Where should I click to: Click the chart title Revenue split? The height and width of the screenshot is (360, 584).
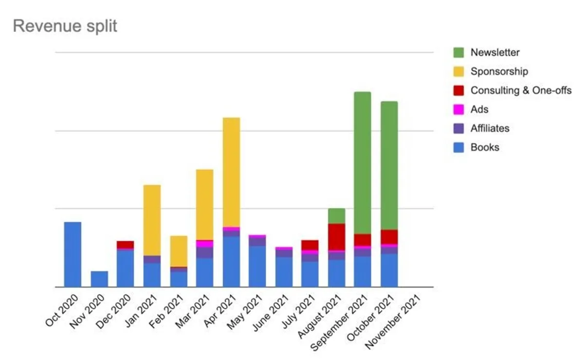click(65, 26)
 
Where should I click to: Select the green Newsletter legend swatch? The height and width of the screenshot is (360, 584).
click(458, 53)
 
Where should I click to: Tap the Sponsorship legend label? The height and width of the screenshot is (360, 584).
click(499, 72)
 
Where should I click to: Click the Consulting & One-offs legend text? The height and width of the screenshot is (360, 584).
click(521, 90)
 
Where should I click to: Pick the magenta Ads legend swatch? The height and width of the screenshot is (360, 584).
click(458, 109)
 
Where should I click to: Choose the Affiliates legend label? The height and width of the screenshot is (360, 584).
click(490, 128)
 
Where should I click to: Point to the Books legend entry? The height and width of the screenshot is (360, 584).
click(485, 147)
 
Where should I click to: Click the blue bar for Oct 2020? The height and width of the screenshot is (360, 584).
click(73, 254)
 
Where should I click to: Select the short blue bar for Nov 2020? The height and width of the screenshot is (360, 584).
click(99, 279)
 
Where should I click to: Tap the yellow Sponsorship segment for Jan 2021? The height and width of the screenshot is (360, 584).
click(152, 220)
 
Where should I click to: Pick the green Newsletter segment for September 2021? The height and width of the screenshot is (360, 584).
click(363, 162)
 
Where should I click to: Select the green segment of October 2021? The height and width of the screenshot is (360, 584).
click(389, 165)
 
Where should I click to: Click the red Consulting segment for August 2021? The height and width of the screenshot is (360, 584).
click(336, 237)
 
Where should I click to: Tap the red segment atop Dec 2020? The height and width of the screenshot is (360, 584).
click(126, 245)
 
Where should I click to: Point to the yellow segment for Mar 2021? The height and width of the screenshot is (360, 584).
click(205, 204)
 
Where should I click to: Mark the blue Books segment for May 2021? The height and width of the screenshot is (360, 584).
click(257, 266)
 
